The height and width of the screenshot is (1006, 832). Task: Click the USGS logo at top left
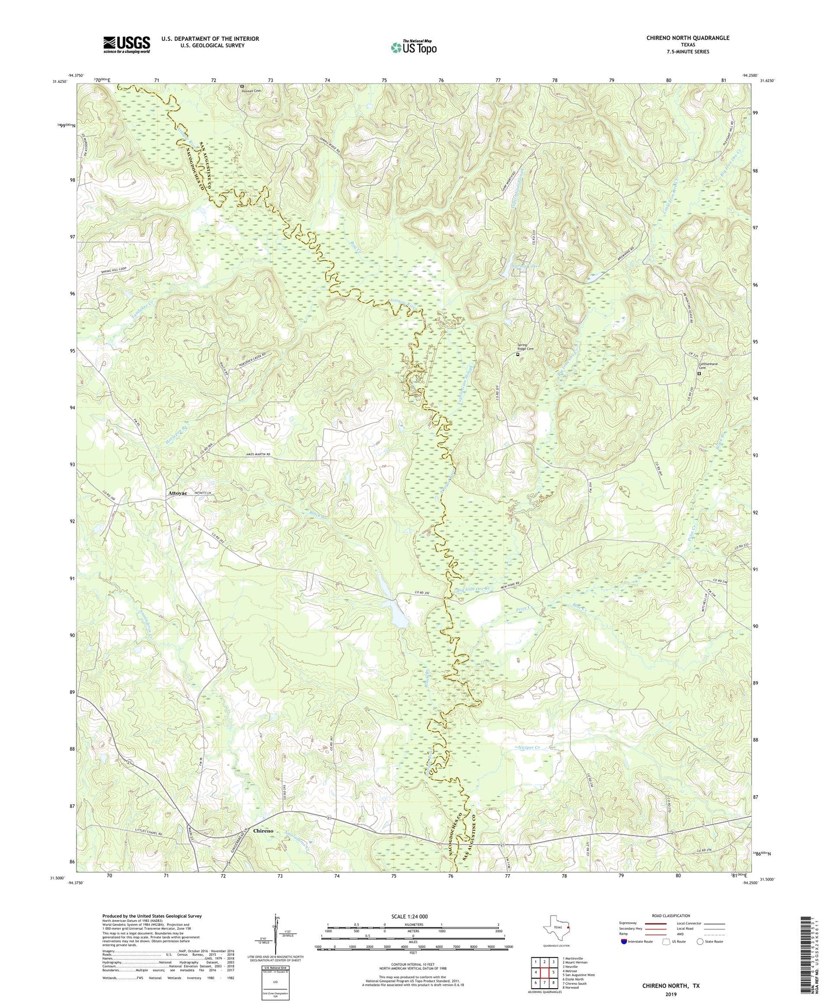click(x=127, y=44)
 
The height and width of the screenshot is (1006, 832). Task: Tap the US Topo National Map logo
click(x=413, y=47)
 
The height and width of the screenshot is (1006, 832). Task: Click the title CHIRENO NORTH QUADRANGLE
click(x=687, y=38)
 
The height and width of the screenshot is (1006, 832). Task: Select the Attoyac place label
click(x=180, y=494)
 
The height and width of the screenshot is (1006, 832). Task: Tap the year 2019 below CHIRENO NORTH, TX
click(x=671, y=994)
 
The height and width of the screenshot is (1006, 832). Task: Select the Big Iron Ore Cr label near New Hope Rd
click(x=474, y=589)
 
